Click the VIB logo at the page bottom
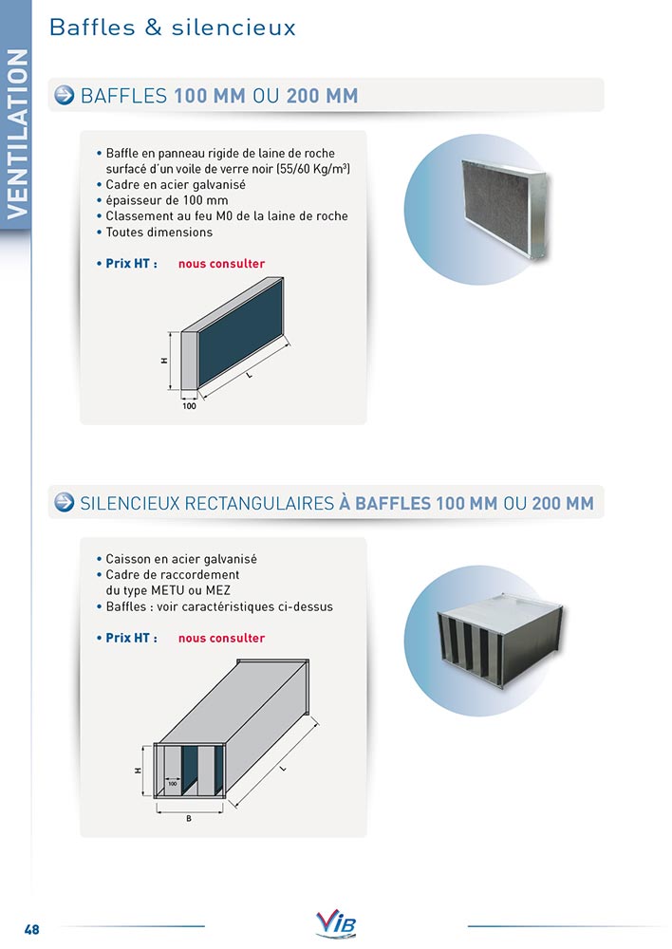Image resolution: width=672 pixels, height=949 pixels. [x=336, y=923]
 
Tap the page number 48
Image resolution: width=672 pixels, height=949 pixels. [x=31, y=929]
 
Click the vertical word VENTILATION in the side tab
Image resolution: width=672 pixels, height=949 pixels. [x=17, y=134]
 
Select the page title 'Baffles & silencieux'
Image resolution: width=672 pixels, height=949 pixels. [x=173, y=28]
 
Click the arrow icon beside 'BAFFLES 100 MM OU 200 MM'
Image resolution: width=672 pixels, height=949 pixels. [x=65, y=95]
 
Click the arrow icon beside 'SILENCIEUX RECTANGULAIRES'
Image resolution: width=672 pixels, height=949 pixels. [x=65, y=502]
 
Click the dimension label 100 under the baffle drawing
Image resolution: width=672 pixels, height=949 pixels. [x=189, y=406]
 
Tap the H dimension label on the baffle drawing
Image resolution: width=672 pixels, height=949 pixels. [x=164, y=360]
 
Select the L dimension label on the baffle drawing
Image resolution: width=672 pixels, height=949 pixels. [x=249, y=375]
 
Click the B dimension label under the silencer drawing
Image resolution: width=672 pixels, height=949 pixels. [x=189, y=818]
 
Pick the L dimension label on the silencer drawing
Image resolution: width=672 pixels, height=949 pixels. [x=283, y=769]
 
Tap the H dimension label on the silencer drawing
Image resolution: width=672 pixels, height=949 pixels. [x=138, y=771]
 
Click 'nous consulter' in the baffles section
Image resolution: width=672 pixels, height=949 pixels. [x=221, y=264]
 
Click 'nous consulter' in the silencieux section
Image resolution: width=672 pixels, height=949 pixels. [x=221, y=638]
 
